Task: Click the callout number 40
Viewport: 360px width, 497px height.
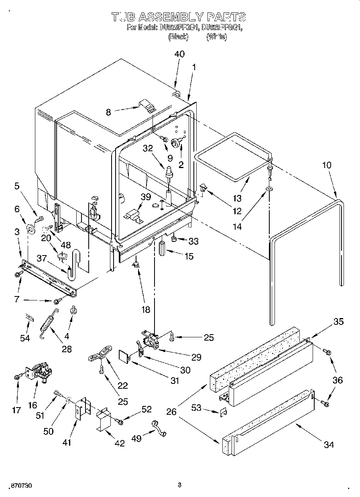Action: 179,54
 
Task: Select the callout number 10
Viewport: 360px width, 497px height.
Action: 327,165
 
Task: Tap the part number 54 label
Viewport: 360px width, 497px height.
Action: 25,338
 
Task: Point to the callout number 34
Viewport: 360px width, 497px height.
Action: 328,444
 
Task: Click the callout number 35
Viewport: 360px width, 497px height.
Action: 338,322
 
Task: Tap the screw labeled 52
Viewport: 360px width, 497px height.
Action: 120,421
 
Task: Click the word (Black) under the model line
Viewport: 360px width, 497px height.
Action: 178,37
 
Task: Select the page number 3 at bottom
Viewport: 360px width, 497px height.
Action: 179,485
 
